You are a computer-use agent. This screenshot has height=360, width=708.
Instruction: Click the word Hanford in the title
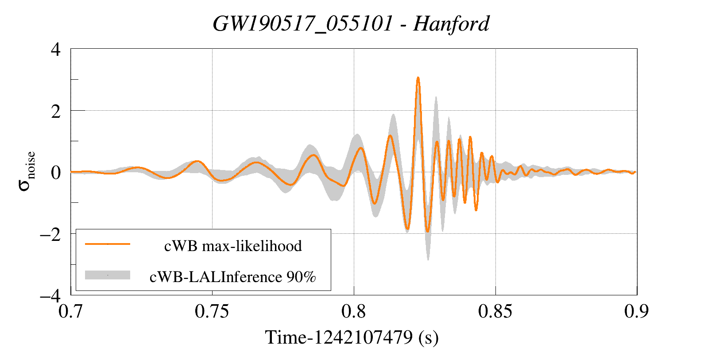451,23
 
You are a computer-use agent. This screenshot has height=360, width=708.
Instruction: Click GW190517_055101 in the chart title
303,23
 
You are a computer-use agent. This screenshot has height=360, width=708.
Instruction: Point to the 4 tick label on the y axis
56,49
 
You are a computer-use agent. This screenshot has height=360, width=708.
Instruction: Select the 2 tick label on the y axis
56,111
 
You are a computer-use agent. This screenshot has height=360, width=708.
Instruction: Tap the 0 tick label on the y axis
56,173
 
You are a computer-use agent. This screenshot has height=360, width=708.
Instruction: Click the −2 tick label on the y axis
50,234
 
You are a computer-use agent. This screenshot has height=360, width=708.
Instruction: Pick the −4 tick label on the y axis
50,295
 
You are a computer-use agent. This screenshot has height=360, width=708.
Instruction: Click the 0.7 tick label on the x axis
71,311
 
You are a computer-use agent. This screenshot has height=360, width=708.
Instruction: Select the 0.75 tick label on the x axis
212,311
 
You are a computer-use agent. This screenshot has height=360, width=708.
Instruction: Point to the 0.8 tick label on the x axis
354,311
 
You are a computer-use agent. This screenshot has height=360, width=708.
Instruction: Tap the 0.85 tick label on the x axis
495,311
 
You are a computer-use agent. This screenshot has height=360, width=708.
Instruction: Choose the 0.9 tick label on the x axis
636,311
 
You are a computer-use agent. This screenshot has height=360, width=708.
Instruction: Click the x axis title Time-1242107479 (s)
352,337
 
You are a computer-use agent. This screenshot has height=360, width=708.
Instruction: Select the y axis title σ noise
27,171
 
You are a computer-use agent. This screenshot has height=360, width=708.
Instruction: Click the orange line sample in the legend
108,244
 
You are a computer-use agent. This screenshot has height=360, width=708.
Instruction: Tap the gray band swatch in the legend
108,275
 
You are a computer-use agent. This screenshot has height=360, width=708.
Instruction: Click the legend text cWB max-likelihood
233,246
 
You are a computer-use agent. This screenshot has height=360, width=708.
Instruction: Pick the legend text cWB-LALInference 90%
233,277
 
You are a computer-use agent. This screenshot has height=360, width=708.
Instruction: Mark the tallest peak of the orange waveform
418,78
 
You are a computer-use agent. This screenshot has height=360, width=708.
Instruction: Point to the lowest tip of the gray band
428,260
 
